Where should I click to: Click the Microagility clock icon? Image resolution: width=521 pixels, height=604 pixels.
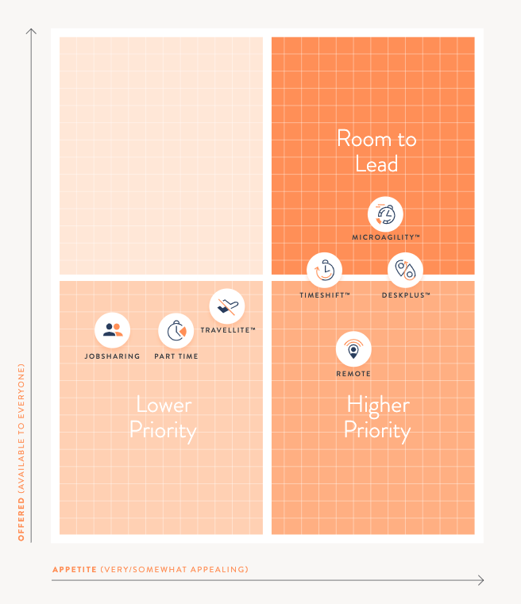(x=386, y=214)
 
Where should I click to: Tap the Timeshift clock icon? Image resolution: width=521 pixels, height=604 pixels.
(x=325, y=271)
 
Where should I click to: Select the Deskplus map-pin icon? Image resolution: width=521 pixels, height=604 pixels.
(x=405, y=271)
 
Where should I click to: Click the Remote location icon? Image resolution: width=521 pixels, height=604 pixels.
(x=353, y=349)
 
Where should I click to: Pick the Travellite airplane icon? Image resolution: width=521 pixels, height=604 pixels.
(x=227, y=306)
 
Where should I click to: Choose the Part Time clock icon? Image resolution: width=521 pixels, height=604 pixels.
(x=176, y=332)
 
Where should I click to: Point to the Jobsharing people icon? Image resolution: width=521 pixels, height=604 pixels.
(x=112, y=332)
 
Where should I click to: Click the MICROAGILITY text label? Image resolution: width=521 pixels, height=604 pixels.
(x=386, y=237)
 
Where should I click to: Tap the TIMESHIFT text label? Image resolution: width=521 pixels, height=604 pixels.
(x=325, y=294)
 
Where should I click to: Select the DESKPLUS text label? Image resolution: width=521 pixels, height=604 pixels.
(x=405, y=294)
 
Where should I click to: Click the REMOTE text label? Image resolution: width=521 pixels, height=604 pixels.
(x=353, y=374)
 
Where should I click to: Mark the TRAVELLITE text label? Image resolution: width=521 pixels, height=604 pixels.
(x=228, y=329)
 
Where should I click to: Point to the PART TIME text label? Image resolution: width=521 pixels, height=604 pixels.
(x=176, y=356)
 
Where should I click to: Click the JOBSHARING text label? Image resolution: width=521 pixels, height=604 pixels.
(x=112, y=356)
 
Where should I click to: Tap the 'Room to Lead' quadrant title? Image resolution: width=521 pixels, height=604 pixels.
(x=376, y=152)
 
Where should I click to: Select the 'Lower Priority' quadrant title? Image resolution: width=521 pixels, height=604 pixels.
(x=163, y=417)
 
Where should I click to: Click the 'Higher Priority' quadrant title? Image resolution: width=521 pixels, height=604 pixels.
(x=377, y=417)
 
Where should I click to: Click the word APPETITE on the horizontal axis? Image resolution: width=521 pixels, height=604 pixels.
(x=75, y=569)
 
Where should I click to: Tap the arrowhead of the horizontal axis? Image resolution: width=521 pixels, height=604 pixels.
(x=480, y=580)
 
